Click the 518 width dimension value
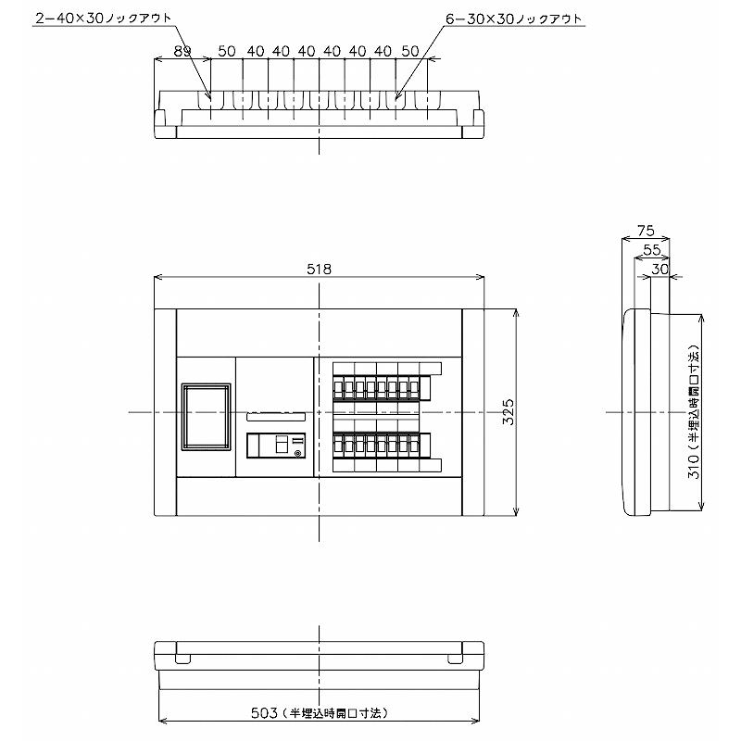319,269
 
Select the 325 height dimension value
508,412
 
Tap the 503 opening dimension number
264,712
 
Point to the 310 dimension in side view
693,466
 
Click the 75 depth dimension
646,231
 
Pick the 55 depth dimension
652,250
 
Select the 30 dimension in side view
660,269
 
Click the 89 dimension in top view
182,51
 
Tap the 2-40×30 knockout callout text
104,19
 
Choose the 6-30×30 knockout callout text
514,19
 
